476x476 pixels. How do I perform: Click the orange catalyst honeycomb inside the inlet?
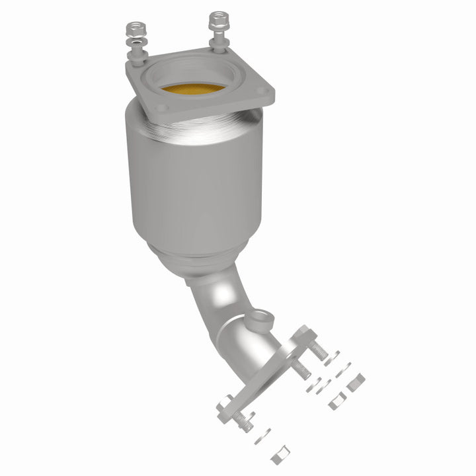tap(192, 89)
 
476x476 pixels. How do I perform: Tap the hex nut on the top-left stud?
tap(134, 29)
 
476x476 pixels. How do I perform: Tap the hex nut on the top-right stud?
tap(218, 20)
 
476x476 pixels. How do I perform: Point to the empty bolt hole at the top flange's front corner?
tap(157, 110)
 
